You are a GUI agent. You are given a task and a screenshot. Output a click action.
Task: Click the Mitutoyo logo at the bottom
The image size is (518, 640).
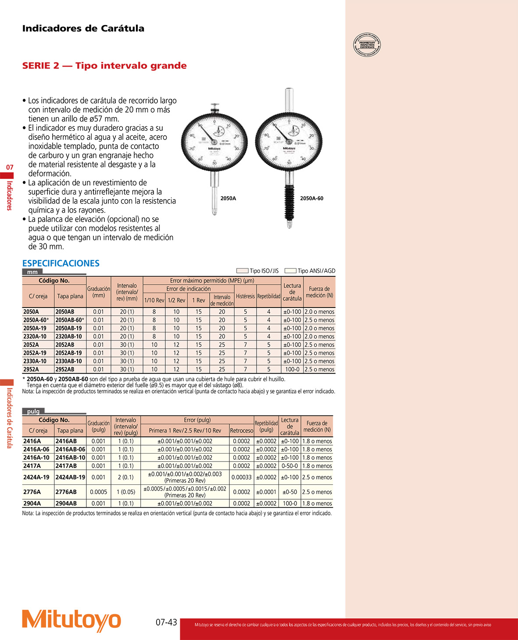click(x=71, y=620)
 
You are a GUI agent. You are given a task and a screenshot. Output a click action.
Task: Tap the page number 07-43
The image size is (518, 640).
click(x=166, y=622)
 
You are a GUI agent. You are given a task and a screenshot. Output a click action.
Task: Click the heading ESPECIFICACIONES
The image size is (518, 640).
click(x=61, y=263)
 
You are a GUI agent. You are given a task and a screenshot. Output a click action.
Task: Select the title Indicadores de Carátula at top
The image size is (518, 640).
click(x=83, y=29)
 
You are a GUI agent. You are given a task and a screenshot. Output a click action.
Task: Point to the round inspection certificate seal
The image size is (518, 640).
click(x=367, y=45)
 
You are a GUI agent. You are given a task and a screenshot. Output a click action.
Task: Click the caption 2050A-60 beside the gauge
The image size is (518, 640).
click(x=311, y=198)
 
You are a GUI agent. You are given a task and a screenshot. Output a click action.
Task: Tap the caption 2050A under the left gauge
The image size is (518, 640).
click(x=228, y=198)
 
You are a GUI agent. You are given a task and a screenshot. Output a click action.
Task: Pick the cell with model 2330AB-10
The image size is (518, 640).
click(x=69, y=361)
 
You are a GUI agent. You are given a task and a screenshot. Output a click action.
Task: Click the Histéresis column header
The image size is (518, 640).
click(x=245, y=296)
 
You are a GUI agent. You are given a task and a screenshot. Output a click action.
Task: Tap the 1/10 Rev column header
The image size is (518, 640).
click(x=154, y=300)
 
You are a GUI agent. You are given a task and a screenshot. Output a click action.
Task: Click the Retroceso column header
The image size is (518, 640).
click(x=242, y=431)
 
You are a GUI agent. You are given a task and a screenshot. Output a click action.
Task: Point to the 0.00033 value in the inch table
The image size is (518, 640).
click(x=242, y=477)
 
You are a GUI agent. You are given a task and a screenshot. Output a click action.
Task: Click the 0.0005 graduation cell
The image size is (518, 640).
click(x=99, y=492)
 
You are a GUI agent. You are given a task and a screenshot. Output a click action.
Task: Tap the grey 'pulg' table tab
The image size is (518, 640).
click(x=33, y=411)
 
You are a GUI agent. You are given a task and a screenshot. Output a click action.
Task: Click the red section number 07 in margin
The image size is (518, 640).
click(x=10, y=167)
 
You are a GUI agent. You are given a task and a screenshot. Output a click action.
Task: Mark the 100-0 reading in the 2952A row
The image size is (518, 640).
click(x=292, y=369)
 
